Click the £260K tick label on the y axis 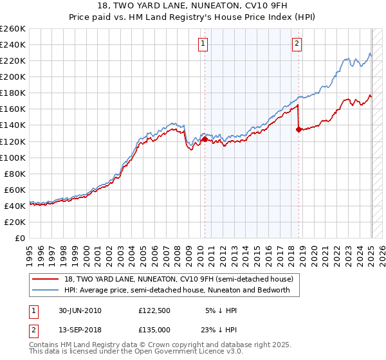click(x=13, y=29)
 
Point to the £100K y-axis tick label click(x=13, y=157)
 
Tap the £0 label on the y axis click(x=20, y=238)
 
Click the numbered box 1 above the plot click(x=203, y=44)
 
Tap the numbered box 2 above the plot click(x=297, y=44)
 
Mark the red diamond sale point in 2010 click(x=205, y=139)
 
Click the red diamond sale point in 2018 click(x=299, y=129)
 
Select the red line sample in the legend click(x=46, y=279)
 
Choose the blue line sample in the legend click(x=46, y=290)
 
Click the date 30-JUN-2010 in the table click(x=78, y=310)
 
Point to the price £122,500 click(x=154, y=310)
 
